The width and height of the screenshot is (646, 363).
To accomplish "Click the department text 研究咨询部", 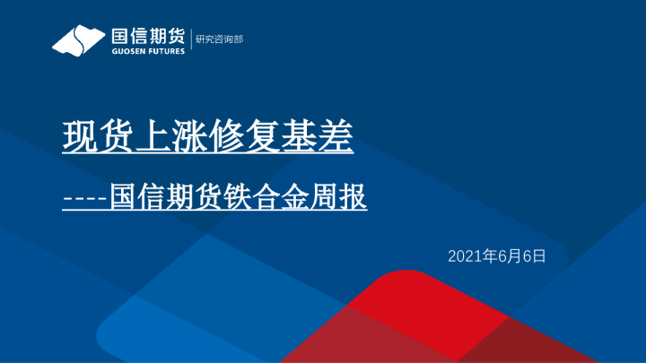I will tap(220, 39).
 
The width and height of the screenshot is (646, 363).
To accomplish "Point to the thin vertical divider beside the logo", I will tap(190, 40).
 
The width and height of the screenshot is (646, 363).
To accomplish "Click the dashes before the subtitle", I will tap(85, 196).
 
